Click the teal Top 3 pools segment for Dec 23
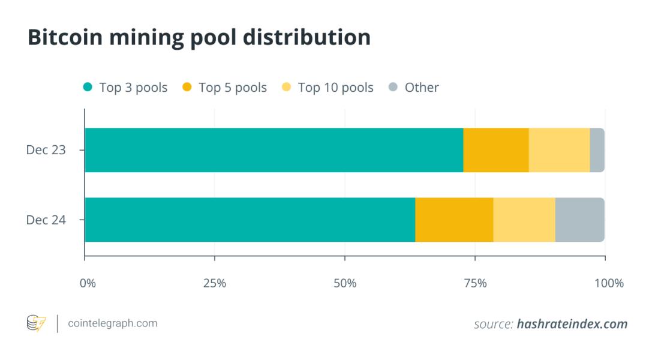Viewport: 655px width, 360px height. [x=274, y=150]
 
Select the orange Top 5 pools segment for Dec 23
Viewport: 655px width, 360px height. [x=496, y=150]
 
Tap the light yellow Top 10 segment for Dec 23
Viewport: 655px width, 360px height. [x=559, y=150]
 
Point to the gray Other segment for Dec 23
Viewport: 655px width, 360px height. [x=597, y=150]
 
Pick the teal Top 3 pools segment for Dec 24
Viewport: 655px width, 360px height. [x=250, y=220]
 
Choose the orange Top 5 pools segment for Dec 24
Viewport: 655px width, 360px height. [x=454, y=220]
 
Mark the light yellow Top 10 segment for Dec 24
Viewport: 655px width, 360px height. [x=524, y=220]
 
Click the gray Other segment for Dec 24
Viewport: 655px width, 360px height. [x=579, y=220]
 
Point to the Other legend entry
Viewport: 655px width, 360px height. [x=421, y=88]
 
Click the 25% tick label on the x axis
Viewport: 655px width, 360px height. [x=215, y=283]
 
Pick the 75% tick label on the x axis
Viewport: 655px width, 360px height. [x=475, y=283]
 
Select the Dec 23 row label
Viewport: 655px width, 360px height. [x=46, y=150]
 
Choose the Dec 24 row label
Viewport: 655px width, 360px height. [x=46, y=220]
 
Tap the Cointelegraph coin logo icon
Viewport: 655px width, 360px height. [x=36, y=324]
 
